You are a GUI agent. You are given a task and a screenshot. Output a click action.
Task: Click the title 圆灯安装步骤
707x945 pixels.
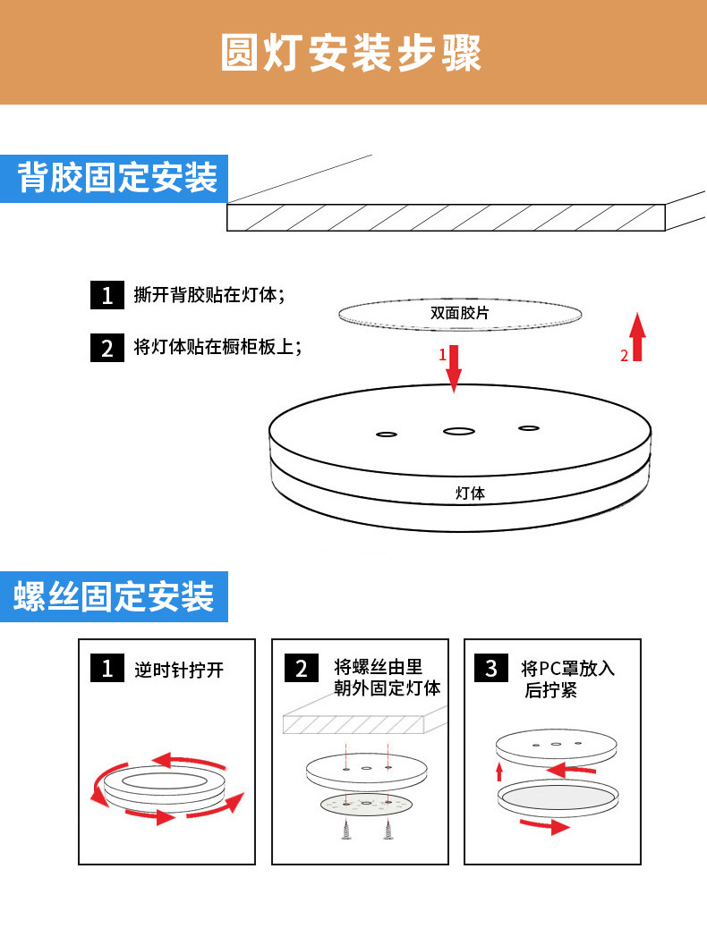point(352,53)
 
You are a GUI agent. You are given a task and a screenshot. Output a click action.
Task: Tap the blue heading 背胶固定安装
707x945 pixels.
point(117,177)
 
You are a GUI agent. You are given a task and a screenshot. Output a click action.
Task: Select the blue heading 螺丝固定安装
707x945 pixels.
point(114,596)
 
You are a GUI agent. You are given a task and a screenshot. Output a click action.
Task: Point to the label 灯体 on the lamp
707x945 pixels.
point(470,493)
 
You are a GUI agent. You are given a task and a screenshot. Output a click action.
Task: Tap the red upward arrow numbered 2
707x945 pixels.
point(637,337)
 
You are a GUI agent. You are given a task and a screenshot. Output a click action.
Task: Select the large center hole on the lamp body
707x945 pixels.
point(459,432)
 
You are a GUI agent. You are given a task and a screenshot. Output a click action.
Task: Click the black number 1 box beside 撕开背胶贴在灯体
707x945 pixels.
point(106,295)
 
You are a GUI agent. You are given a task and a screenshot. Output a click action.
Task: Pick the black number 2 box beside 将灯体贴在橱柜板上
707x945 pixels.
point(106,347)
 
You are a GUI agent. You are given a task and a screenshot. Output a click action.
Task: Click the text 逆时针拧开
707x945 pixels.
point(178,669)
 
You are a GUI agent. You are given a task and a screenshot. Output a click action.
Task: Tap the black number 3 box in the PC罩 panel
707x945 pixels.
point(490,668)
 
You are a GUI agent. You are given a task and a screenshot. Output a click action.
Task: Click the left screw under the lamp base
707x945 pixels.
point(346,831)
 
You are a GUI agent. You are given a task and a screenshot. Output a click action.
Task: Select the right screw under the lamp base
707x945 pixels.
point(388,831)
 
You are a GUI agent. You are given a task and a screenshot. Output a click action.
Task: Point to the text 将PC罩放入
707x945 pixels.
point(567,668)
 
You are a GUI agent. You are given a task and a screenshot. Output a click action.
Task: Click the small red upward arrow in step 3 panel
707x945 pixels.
point(499,772)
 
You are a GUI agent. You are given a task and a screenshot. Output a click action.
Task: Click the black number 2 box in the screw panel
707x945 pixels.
point(301,668)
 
